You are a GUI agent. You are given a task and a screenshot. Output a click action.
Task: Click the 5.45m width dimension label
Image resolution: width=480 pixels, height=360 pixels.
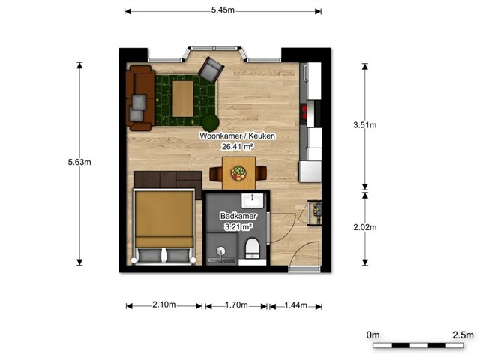coord(223,10)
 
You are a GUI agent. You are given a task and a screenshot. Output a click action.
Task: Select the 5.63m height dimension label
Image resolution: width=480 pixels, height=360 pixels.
coord(79,162)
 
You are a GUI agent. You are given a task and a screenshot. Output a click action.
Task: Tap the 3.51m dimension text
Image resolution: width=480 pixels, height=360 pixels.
coord(365,125)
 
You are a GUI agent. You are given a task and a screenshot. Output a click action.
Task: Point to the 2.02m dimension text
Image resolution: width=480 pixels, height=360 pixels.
coord(365,227)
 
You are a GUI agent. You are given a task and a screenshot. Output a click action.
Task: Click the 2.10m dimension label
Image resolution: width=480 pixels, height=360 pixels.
coord(164,304)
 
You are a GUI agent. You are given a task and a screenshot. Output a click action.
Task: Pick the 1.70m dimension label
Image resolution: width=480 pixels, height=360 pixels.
coord(236,305)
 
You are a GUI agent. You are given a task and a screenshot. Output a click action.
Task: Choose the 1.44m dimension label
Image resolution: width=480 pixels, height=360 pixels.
coord(295,305)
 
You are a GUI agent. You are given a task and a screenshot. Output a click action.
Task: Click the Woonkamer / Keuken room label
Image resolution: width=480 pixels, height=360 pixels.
coord(237,136)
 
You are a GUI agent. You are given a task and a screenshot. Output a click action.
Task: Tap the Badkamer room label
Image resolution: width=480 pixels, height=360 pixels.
coord(238,216)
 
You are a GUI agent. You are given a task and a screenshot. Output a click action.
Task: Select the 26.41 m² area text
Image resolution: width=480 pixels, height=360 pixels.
coord(237,147)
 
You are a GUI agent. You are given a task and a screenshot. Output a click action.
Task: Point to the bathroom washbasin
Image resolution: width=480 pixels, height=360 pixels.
coord(252,200)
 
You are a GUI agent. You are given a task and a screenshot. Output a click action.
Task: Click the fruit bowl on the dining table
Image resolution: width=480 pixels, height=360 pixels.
coord(238,173)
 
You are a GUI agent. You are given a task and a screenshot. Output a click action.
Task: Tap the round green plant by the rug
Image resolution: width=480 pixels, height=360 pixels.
coord(210,122)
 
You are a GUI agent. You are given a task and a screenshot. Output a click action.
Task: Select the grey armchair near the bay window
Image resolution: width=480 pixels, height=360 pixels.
coord(211,70)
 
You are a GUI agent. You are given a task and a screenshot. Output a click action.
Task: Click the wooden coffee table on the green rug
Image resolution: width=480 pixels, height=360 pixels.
coord(182,98)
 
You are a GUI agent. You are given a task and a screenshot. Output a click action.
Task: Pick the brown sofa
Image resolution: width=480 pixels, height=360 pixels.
coord(140,98)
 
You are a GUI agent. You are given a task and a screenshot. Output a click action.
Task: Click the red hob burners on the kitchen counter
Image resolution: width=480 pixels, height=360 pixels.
coord(304,112)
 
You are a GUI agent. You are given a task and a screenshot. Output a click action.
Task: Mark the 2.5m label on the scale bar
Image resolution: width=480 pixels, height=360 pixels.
coord(463,334)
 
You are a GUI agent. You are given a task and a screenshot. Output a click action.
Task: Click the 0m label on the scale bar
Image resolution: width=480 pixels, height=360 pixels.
coord(373,335)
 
